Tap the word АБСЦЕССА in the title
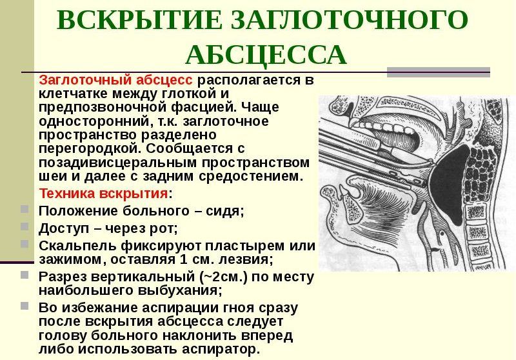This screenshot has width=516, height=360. tap(266, 54)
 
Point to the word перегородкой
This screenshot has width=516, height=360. tap(90, 149)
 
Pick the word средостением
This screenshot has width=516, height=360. tap(250, 176)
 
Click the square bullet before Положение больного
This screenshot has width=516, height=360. tap(25, 209)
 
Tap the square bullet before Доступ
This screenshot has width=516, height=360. tap(25, 226)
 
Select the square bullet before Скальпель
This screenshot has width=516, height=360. tap(25, 244)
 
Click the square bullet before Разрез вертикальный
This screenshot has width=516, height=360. tap(25, 275)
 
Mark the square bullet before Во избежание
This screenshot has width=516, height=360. tap(25, 306)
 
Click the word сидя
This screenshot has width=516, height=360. tap(224, 211)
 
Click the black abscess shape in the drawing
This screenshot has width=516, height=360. tap(451, 185)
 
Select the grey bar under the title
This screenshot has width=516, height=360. tap(439, 72)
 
